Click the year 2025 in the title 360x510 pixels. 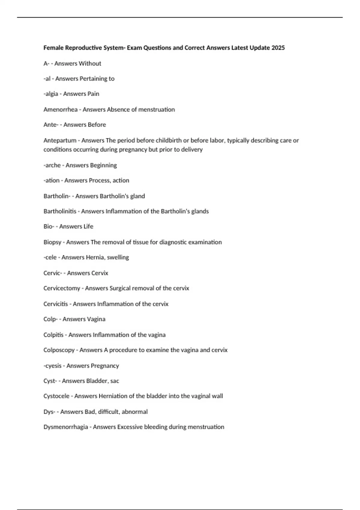(x=278, y=48)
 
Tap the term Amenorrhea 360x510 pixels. (x=60, y=109)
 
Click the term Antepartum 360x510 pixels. (x=60, y=140)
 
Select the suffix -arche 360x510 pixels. (x=52, y=165)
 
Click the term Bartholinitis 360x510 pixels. (x=60, y=211)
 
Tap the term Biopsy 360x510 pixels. (x=52, y=242)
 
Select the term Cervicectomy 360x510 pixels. (x=61, y=288)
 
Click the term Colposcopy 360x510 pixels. (x=59, y=350)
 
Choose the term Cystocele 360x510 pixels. (x=56, y=396)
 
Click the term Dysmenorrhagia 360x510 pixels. (x=65, y=427)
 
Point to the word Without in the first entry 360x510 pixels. (x=90, y=64)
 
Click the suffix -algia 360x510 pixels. (x=51, y=94)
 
